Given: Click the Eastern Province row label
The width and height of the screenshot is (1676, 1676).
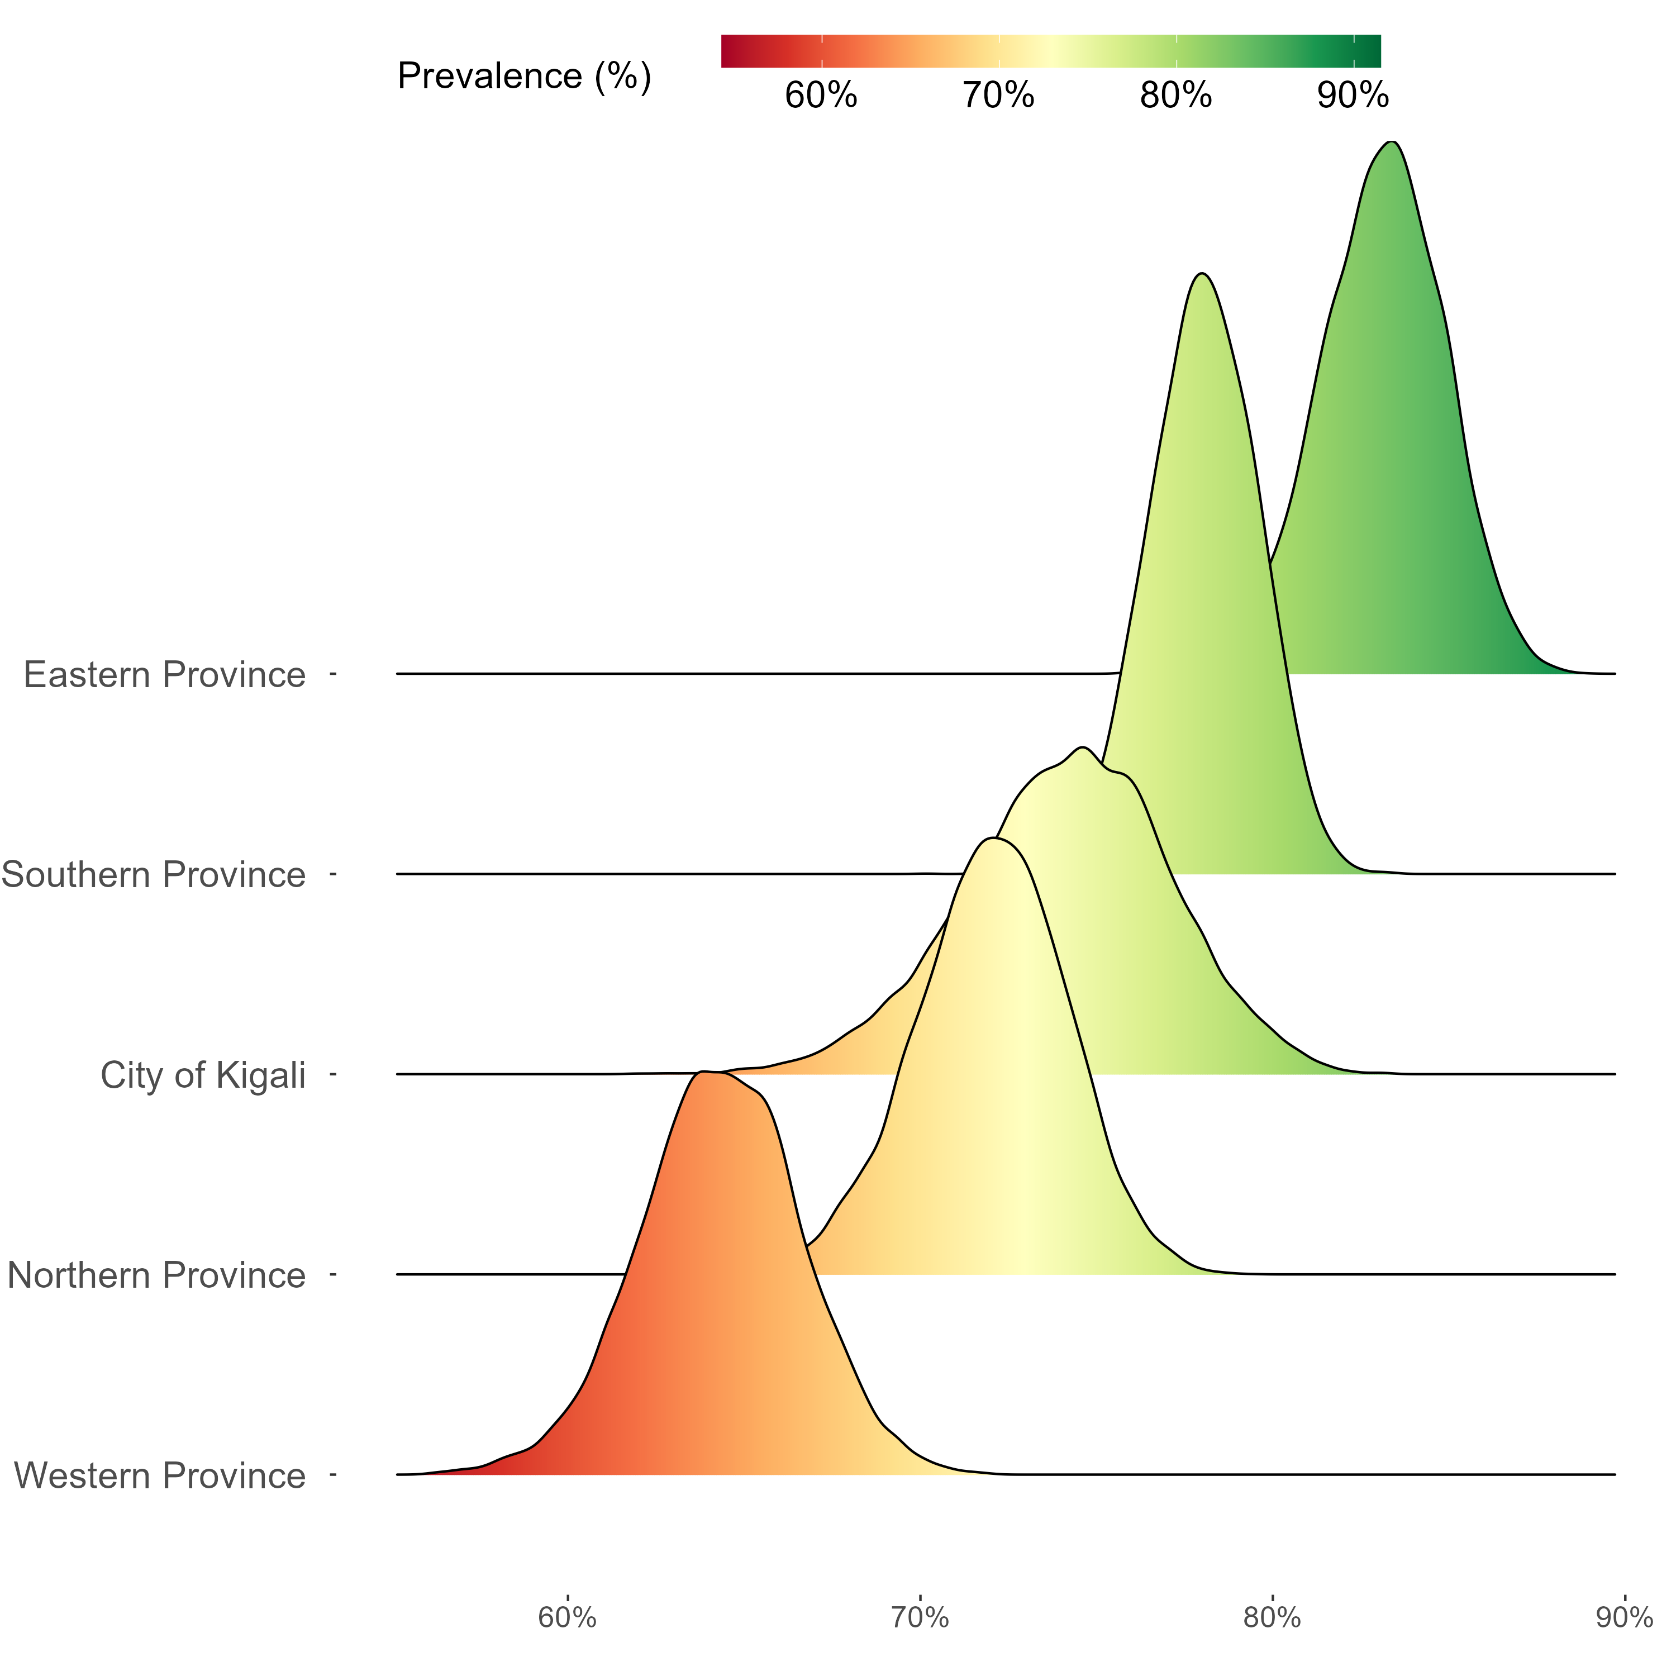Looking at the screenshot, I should pos(164,675).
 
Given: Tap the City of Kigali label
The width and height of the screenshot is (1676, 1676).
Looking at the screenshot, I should pos(203,1075).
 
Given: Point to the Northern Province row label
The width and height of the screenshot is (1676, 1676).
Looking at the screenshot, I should pos(156,1275).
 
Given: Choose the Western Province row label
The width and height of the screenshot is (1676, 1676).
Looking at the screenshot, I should pos(160,1475).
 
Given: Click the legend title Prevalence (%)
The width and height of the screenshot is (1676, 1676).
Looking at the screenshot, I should pos(524,77).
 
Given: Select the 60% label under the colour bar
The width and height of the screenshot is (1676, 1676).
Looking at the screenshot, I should pos(821,96).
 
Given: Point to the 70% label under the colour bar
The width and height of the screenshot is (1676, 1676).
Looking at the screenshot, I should pos(998,96).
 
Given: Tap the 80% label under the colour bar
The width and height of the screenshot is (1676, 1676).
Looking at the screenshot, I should pos(1175,96).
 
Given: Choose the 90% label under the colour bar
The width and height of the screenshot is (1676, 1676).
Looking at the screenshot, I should pos(1353,96).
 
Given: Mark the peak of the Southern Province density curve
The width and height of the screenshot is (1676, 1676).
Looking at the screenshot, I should pos(1202,274).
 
